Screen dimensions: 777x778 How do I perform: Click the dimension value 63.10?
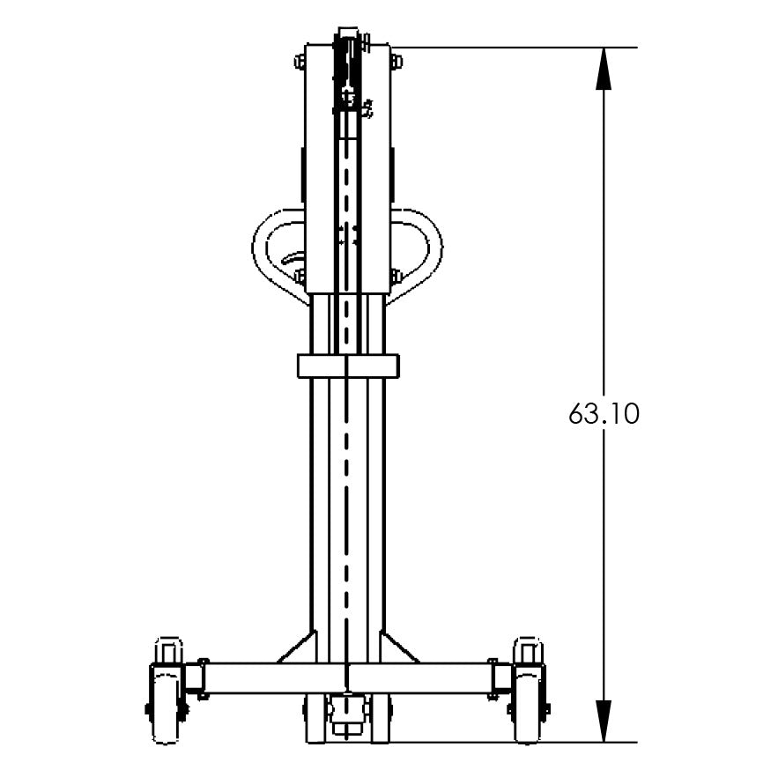pyautogui.click(x=603, y=414)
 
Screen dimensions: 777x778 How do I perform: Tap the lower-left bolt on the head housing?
pyautogui.click(x=300, y=277)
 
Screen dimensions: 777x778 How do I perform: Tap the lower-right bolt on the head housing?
pyautogui.click(x=396, y=277)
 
